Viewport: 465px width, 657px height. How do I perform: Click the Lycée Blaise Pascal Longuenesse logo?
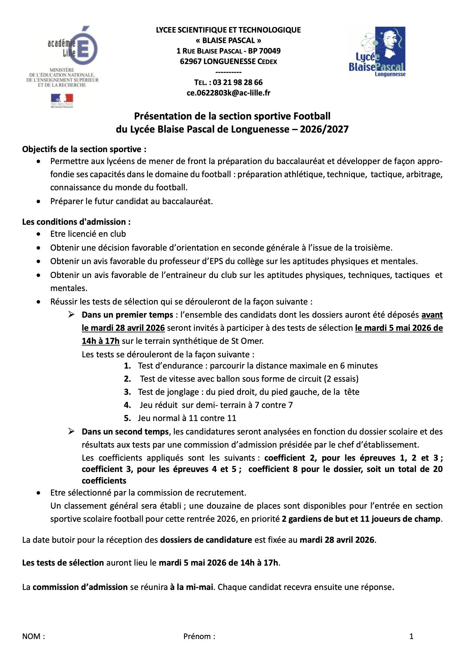[377, 52]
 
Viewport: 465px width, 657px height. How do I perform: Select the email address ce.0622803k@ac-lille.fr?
[228, 93]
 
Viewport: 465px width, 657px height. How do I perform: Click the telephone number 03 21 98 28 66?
[237, 82]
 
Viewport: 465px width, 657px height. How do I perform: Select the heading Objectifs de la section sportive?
[84, 149]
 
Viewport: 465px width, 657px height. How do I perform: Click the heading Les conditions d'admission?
[76, 222]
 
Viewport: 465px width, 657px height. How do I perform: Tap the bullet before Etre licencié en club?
[39, 234]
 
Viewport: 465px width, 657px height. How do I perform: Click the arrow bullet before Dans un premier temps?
[71, 315]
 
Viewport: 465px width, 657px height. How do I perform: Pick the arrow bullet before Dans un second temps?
[71, 432]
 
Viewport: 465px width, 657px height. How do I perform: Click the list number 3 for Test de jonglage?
[127, 392]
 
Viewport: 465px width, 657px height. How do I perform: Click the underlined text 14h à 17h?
[100, 341]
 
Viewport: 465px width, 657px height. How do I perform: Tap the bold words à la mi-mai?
[191, 587]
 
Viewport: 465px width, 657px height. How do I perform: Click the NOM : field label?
[33, 636]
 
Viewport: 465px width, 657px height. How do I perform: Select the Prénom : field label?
[199, 636]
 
